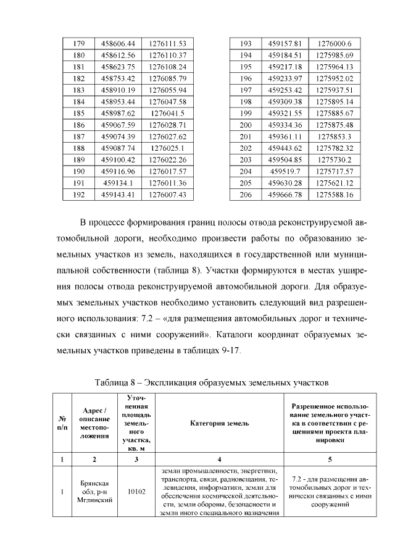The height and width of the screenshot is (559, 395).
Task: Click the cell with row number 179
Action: [x=78, y=44]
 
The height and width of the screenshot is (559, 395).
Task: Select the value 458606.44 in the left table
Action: [x=117, y=44]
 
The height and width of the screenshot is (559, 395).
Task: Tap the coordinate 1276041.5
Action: [x=167, y=114]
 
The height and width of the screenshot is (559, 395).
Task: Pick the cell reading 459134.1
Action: [x=117, y=183]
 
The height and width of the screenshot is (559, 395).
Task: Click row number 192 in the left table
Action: [x=78, y=195]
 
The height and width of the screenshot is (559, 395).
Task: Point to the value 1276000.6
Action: [x=334, y=44]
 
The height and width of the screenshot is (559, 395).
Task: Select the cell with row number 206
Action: [x=246, y=195]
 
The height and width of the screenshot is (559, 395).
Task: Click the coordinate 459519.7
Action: [x=285, y=172]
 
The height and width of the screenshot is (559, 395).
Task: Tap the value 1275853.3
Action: [x=334, y=137]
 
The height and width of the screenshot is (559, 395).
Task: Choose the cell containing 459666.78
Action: [x=285, y=195]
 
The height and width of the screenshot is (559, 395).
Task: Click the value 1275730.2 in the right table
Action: [x=334, y=160]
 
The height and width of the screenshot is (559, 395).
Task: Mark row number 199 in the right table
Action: [x=246, y=114]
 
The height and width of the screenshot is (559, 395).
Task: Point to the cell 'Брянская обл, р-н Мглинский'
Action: [x=94, y=492]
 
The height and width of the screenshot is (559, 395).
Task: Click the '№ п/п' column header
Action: [x=62, y=424]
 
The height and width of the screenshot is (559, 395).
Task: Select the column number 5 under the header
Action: [x=330, y=460]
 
